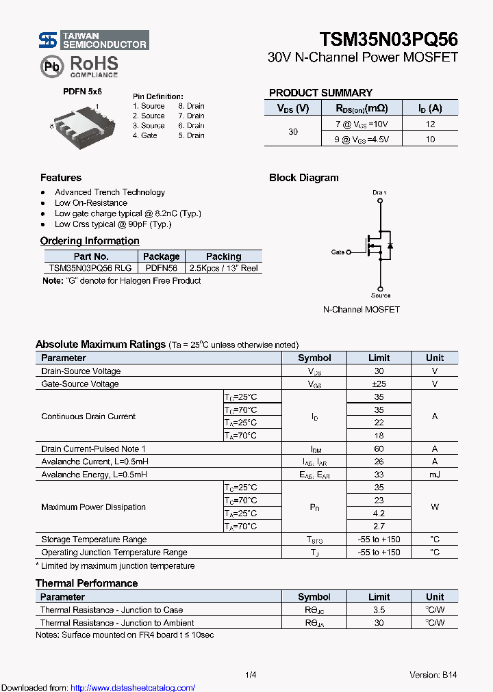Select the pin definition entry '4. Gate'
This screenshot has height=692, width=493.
pos(145,135)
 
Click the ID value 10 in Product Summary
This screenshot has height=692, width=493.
pos(430,139)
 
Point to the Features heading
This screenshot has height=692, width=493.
pos(61,178)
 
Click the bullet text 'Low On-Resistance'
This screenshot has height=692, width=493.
pos(91,203)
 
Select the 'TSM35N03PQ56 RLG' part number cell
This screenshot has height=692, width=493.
pos(90,269)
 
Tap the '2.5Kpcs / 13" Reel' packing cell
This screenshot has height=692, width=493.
pos(223,269)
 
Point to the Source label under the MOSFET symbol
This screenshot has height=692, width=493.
pos(381,295)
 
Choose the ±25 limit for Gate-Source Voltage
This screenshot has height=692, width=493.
pos(379,384)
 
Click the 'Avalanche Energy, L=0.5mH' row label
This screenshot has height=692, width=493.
pos(94,475)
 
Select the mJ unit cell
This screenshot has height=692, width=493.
pos(434,475)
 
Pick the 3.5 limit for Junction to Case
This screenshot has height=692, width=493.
pos(379,610)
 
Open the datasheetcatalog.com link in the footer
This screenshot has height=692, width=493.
pos(133,688)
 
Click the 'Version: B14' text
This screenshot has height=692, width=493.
pos(433,675)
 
